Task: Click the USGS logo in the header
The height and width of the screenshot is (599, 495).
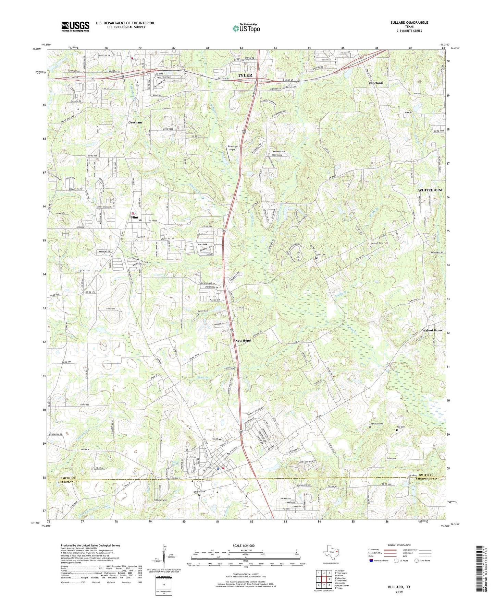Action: click(x=75, y=26)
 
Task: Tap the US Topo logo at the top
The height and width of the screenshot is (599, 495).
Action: click(x=246, y=28)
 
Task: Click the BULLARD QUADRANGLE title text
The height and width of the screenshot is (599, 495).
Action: click(x=409, y=23)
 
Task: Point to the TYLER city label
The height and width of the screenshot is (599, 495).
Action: click(x=245, y=75)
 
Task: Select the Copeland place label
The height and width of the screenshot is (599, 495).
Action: click(x=375, y=83)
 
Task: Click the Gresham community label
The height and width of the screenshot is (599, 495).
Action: click(x=135, y=122)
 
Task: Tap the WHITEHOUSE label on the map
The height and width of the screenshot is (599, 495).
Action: click(x=430, y=190)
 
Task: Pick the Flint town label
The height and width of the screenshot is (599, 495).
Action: click(x=134, y=218)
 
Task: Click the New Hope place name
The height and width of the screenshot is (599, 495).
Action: click(x=243, y=341)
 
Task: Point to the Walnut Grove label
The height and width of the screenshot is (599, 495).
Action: click(x=432, y=330)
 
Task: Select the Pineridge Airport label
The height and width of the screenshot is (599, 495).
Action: click(x=233, y=148)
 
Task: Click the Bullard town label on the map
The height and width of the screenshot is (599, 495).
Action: click(x=218, y=439)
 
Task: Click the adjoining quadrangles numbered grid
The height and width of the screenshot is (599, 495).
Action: click(x=323, y=580)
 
